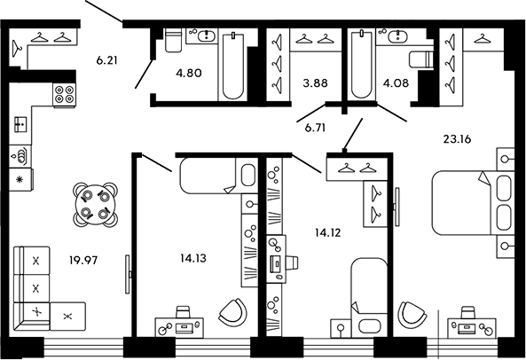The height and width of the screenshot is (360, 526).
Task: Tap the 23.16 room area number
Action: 458,138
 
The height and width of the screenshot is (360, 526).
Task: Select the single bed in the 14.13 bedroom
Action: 208,176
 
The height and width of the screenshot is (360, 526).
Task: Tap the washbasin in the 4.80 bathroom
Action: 207,36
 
